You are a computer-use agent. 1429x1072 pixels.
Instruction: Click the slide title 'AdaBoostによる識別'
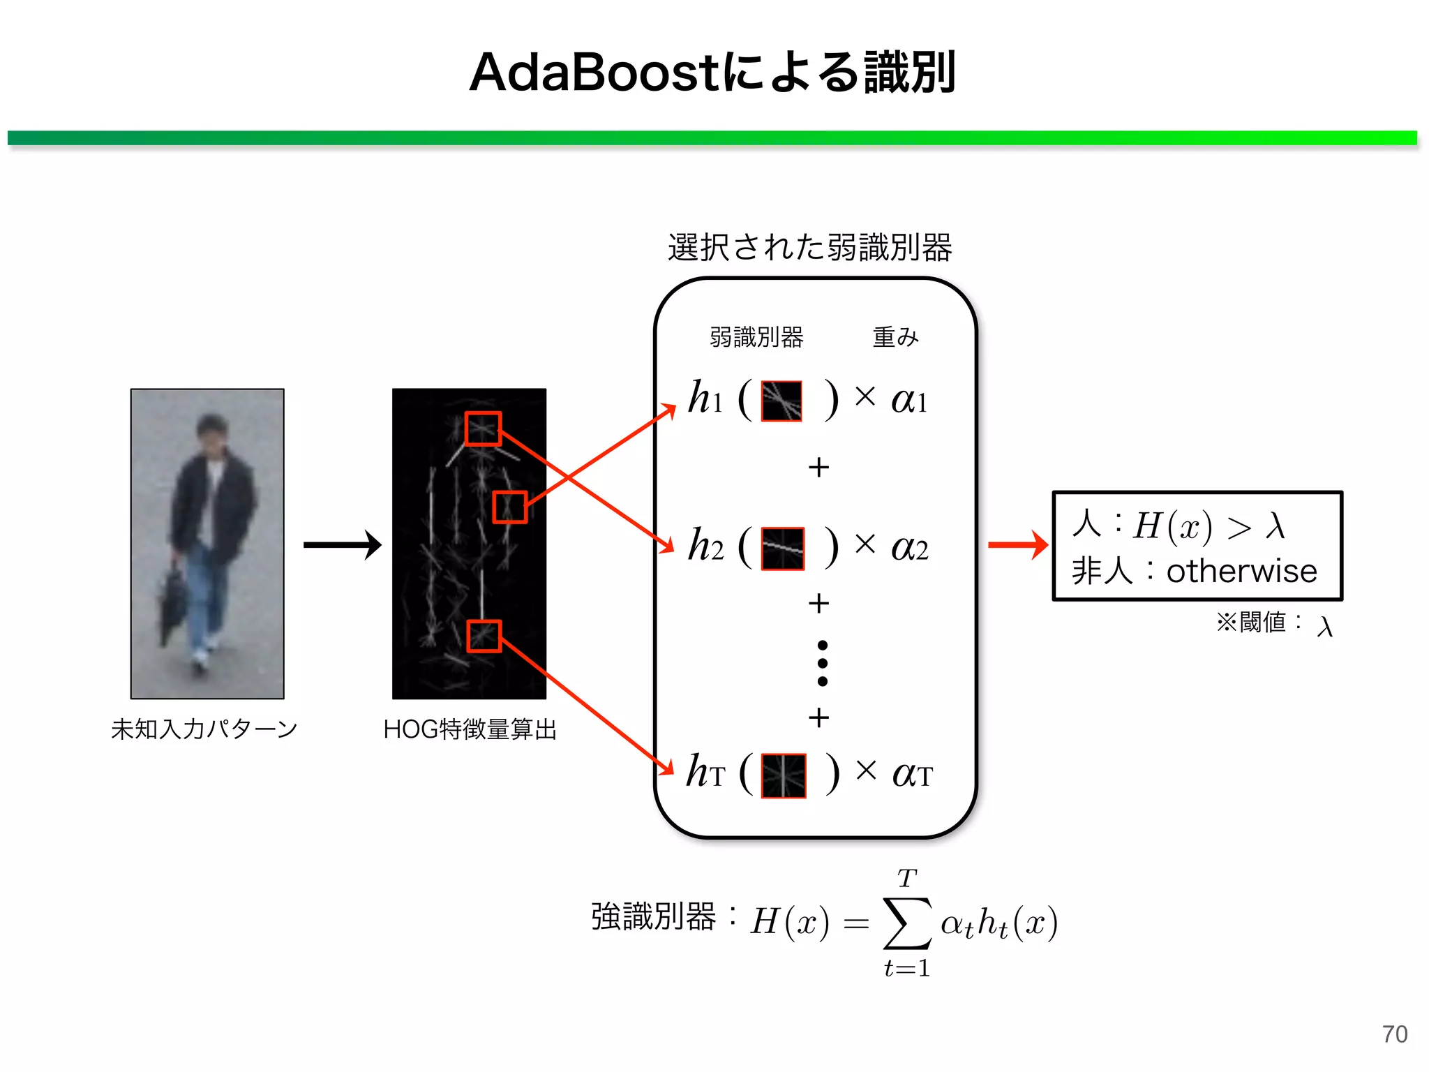click(x=712, y=73)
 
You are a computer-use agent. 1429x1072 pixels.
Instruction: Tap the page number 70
click(x=1394, y=1034)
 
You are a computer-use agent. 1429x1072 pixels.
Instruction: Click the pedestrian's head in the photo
click(x=211, y=433)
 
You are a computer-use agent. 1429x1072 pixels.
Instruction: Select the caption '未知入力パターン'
click(x=204, y=729)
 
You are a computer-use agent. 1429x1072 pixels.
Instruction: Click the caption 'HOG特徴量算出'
click(x=470, y=729)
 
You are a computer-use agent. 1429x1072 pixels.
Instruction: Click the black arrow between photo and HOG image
click(x=342, y=545)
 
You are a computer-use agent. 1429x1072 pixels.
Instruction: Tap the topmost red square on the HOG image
click(x=483, y=429)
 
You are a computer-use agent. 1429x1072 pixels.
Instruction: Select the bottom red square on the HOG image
click(x=484, y=636)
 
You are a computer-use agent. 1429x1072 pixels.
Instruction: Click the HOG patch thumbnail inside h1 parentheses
click(x=781, y=401)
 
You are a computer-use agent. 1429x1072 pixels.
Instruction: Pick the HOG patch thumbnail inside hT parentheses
click(x=783, y=775)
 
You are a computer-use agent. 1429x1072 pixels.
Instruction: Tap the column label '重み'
click(x=895, y=337)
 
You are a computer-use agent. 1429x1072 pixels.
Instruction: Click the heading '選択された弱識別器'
click(x=809, y=248)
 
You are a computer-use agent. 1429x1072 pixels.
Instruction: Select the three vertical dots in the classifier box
click(x=823, y=663)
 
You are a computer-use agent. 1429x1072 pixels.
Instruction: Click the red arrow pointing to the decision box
click(x=1017, y=545)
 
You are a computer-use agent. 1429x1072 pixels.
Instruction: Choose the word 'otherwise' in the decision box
click(x=1242, y=572)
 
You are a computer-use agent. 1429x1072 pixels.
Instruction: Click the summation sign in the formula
click(x=907, y=923)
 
